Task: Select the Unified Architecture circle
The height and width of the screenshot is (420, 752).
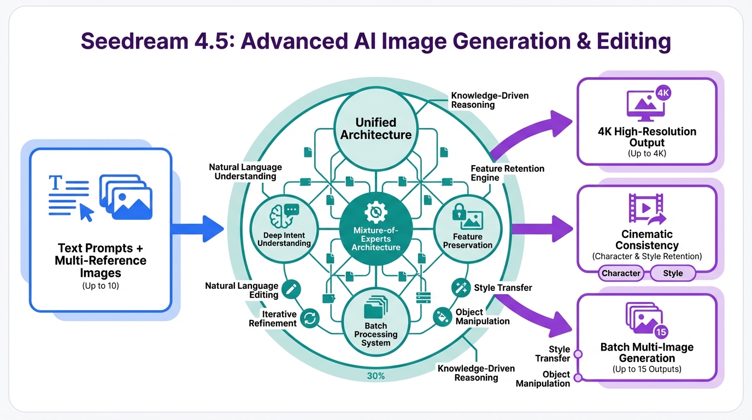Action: (375, 128)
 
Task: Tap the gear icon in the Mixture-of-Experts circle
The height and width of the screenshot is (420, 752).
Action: (375, 212)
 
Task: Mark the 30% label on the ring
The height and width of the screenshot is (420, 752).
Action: (375, 376)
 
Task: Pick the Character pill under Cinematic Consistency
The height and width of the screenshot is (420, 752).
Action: (620, 273)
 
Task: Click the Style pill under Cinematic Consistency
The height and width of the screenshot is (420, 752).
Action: (673, 273)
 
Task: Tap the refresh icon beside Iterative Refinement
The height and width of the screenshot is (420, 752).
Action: (310, 318)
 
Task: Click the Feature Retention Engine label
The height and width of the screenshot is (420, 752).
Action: (507, 173)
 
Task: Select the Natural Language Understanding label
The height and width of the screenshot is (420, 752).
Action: (245, 172)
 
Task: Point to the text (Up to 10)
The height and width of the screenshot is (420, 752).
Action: (101, 285)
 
